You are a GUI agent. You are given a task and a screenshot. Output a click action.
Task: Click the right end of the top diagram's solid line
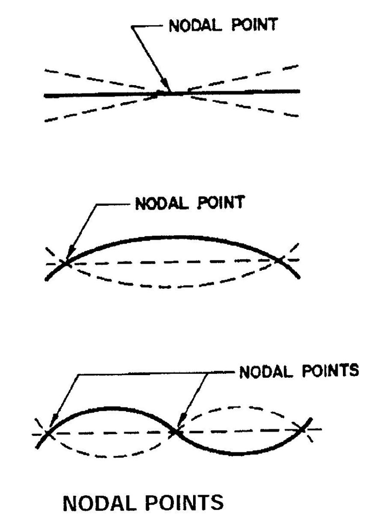tap(300, 91)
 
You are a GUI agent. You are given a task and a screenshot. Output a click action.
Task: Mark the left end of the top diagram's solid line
tap(45, 95)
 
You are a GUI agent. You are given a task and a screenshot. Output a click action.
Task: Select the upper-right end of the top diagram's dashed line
tap(298, 66)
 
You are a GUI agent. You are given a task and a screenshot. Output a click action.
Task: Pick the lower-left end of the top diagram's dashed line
tap(46, 120)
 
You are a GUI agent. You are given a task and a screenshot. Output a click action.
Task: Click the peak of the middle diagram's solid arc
tap(170, 237)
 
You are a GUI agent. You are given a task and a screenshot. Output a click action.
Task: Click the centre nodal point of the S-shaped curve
tap(175, 431)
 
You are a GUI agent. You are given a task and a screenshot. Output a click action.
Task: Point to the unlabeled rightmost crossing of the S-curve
tap(302, 430)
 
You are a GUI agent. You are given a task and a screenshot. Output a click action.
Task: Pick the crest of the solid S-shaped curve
tap(107, 408)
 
